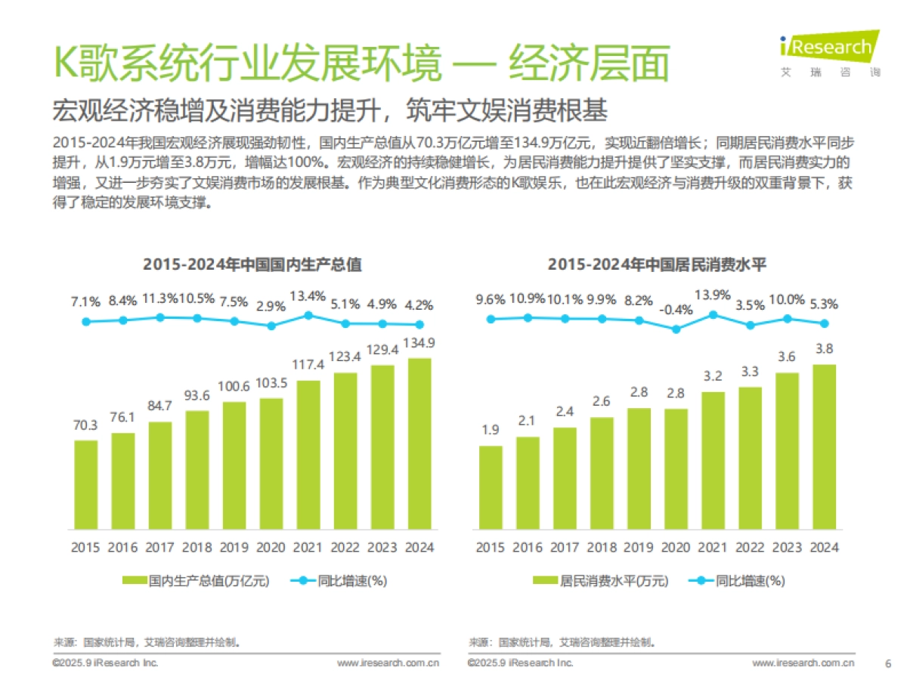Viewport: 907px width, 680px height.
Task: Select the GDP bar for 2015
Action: pos(86,484)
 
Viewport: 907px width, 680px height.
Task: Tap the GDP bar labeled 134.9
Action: pos(419,444)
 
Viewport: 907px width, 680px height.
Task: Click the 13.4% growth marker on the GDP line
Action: pos(308,315)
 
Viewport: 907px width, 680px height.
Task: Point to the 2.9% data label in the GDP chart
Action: pos(271,307)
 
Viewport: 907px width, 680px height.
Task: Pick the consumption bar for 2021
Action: pos(713,460)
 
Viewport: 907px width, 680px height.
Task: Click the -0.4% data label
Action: pos(676,310)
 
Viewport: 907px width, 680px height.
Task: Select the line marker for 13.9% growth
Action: pos(713,314)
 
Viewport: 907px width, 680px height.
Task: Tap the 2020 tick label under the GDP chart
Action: pos(271,548)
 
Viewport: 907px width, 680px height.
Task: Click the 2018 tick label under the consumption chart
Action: pos(602,548)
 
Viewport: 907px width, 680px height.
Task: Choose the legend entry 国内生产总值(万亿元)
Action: pos(195,581)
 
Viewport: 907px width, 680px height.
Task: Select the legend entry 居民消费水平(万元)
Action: pos(600,581)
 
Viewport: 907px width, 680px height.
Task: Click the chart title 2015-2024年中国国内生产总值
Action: pos(252,264)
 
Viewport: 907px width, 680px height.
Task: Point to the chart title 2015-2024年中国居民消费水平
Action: pos(658,264)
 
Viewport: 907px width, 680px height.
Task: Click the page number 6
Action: pos(887,663)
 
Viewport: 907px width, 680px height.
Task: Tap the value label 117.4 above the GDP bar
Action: pos(308,365)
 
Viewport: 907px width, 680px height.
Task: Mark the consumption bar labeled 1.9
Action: pos(491,487)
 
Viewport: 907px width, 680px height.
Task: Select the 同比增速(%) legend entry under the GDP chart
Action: pos(339,581)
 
